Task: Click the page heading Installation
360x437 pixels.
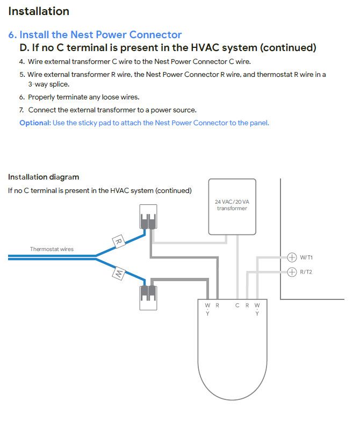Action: [x=39, y=11]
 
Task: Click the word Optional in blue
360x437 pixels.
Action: [x=34, y=123]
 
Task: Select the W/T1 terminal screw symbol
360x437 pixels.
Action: [x=292, y=257]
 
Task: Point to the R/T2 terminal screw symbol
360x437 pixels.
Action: [x=292, y=272]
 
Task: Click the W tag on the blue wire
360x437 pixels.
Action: [x=118, y=275]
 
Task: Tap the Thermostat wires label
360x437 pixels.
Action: [x=52, y=249]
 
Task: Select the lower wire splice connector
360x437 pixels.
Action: [x=148, y=295]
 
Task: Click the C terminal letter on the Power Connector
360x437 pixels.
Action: [x=237, y=305]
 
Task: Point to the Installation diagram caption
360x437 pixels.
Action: [x=44, y=177]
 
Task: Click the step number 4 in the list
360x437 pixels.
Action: [x=22, y=62]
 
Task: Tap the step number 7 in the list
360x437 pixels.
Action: [x=22, y=110]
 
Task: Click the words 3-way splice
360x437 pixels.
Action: [x=48, y=84]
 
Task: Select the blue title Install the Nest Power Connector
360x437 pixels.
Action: [x=100, y=35]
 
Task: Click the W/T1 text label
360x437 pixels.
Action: [x=306, y=257]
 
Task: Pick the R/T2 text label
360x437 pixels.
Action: [x=306, y=272]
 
